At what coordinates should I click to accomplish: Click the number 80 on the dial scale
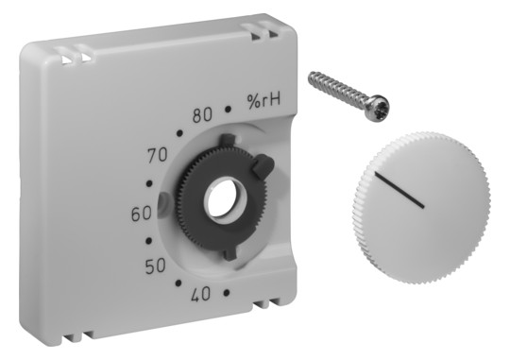202,115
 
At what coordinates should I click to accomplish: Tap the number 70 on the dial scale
158,155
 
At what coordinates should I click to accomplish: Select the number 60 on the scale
142,214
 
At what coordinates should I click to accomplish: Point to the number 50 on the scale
155,266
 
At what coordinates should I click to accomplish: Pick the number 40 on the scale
201,295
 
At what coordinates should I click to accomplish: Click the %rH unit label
263,101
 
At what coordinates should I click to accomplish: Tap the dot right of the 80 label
229,110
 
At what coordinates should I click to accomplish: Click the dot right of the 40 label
227,293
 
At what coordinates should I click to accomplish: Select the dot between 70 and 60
149,183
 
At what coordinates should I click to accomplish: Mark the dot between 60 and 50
149,241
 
